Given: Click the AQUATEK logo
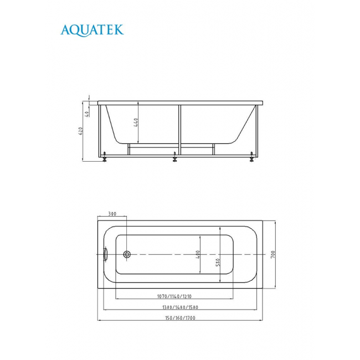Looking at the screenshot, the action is click(x=92, y=30).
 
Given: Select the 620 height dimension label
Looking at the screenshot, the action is click(x=81, y=131).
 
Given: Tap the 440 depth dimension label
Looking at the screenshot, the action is click(x=136, y=122).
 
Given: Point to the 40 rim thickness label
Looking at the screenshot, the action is click(x=87, y=114).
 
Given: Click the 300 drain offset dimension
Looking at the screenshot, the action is click(x=112, y=214).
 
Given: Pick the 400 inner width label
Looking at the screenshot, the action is click(x=198, y=254).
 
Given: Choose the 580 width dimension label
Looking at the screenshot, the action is click(x=218, y=262).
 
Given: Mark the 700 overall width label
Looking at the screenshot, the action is click(x=272, y=254).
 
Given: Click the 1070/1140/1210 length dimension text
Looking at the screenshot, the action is click(x=174, y=296).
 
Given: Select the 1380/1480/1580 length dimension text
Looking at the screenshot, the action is click(x=180, y=307).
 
